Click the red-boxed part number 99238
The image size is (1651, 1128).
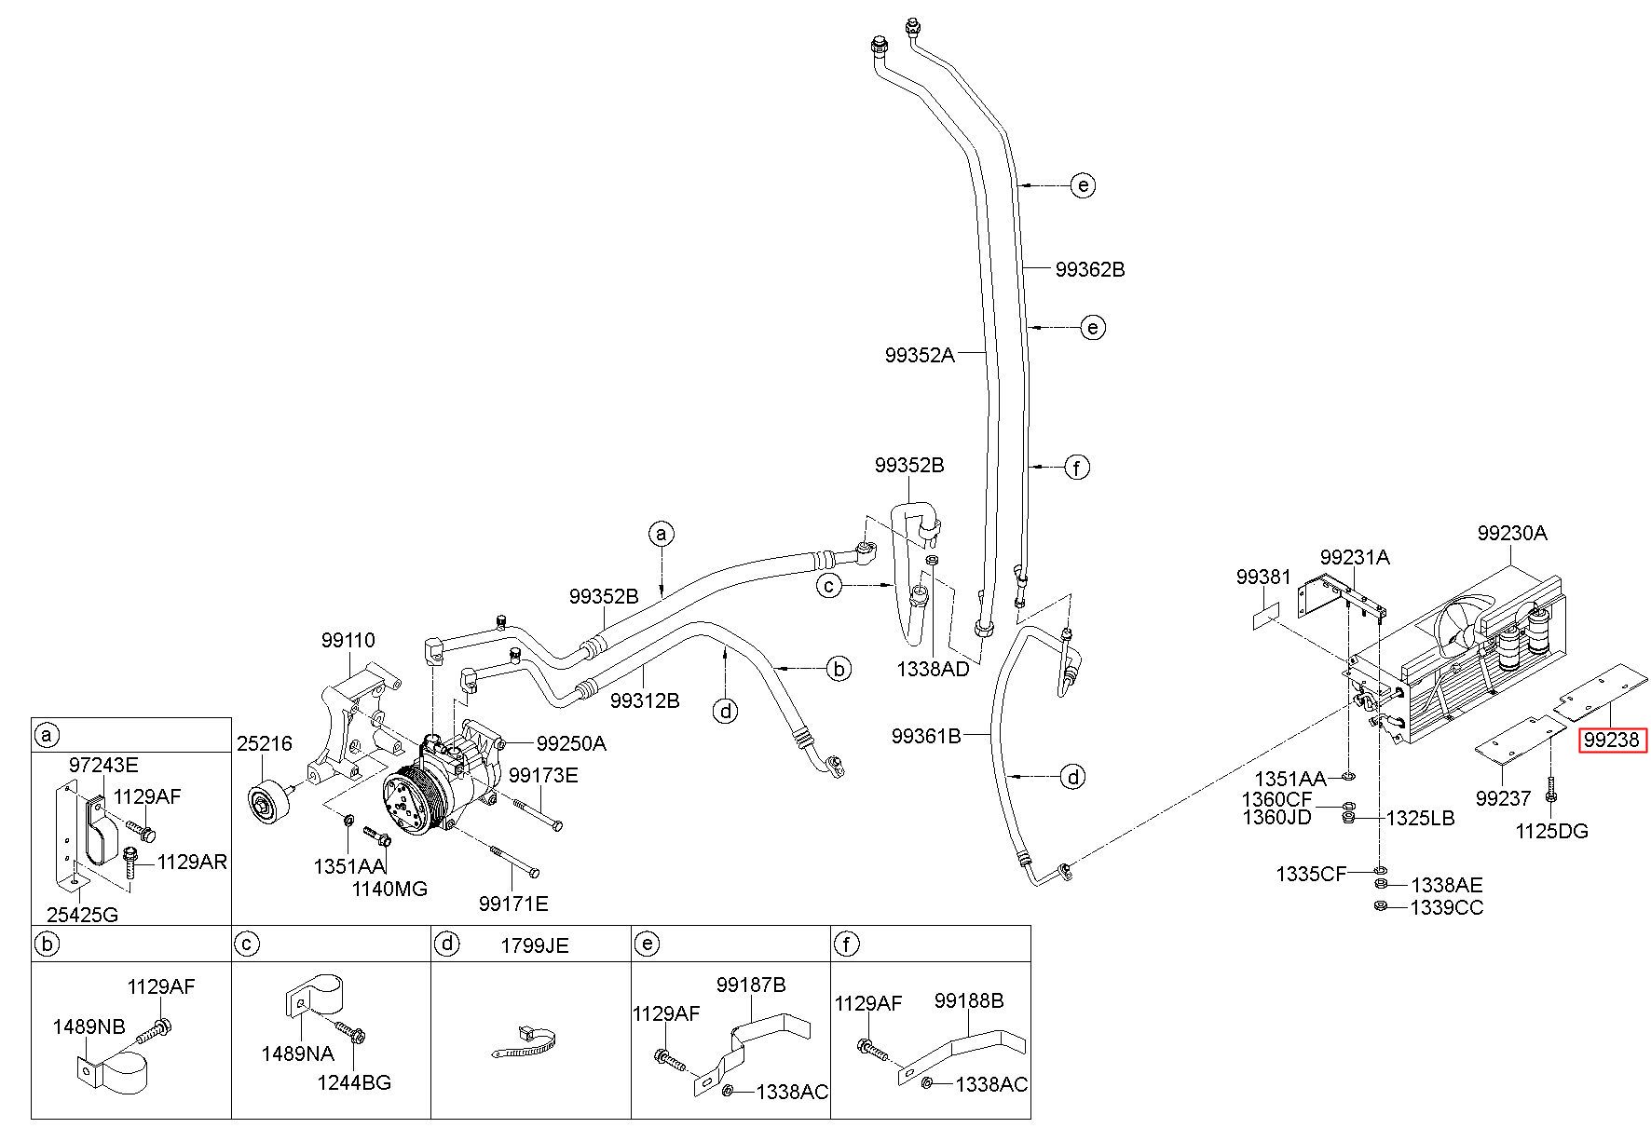1613,741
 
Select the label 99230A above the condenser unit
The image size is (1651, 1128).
1511,533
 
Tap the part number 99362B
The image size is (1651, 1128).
1090,269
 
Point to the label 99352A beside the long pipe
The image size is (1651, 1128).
920,354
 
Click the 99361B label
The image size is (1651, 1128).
926,736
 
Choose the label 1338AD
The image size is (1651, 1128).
933,669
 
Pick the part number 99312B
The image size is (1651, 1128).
645,700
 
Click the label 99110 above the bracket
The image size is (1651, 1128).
348,640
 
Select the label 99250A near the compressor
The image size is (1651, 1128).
571,743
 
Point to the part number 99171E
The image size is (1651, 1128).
513,903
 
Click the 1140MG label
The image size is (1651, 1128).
389,889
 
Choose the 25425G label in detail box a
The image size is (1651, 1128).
84,914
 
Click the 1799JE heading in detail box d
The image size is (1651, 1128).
534,945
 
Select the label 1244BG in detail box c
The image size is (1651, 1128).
353,1082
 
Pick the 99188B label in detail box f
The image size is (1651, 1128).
969,1000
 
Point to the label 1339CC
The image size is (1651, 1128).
1447,906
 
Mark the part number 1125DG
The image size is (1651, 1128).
1552,831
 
